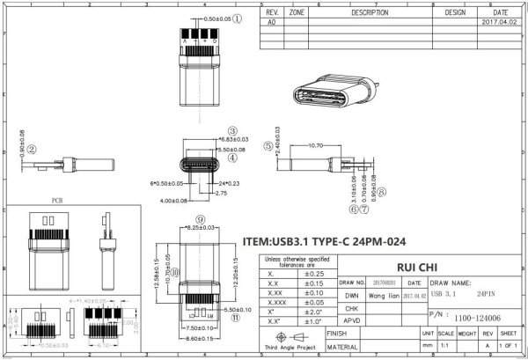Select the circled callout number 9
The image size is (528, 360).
click(x=201, y=219)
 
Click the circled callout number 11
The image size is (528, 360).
click(x=235, y=319)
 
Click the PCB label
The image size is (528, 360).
click(x=57, y=201)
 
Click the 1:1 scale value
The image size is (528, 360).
click(x=447, y=347)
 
